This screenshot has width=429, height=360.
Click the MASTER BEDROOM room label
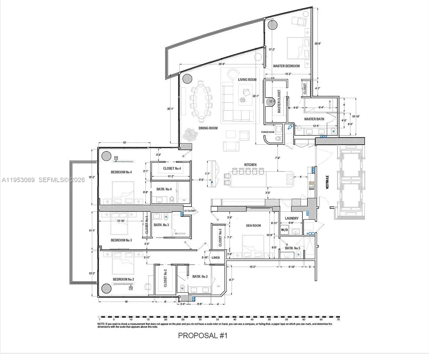pos(286,66)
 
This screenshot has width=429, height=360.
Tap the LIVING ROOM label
pos(247,79)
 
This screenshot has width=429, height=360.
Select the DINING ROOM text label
pos(208,128)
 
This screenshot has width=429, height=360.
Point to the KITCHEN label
pos(250,165)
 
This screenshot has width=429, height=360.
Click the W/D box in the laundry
pos(284,230)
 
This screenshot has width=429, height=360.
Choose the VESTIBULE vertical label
pos(327,182)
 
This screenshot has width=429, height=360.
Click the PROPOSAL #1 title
pos(203,335)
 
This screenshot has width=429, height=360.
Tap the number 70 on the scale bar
pos(338,320)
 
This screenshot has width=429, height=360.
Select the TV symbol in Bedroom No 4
pos(116,158)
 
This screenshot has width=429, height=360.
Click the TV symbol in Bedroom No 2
pos(131,288)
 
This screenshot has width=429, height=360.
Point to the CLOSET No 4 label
pos(172,169)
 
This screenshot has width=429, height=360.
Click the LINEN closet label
pos(216,258)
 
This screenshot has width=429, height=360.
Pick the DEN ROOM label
pos(253,226)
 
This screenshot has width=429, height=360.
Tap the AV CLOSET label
pos(190,211)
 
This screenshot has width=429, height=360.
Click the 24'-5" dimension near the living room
pos(222,64)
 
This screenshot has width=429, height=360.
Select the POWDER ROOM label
pos(267,132)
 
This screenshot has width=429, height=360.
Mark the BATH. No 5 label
pos(292,248)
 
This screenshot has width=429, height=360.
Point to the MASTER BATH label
pos(314,119)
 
